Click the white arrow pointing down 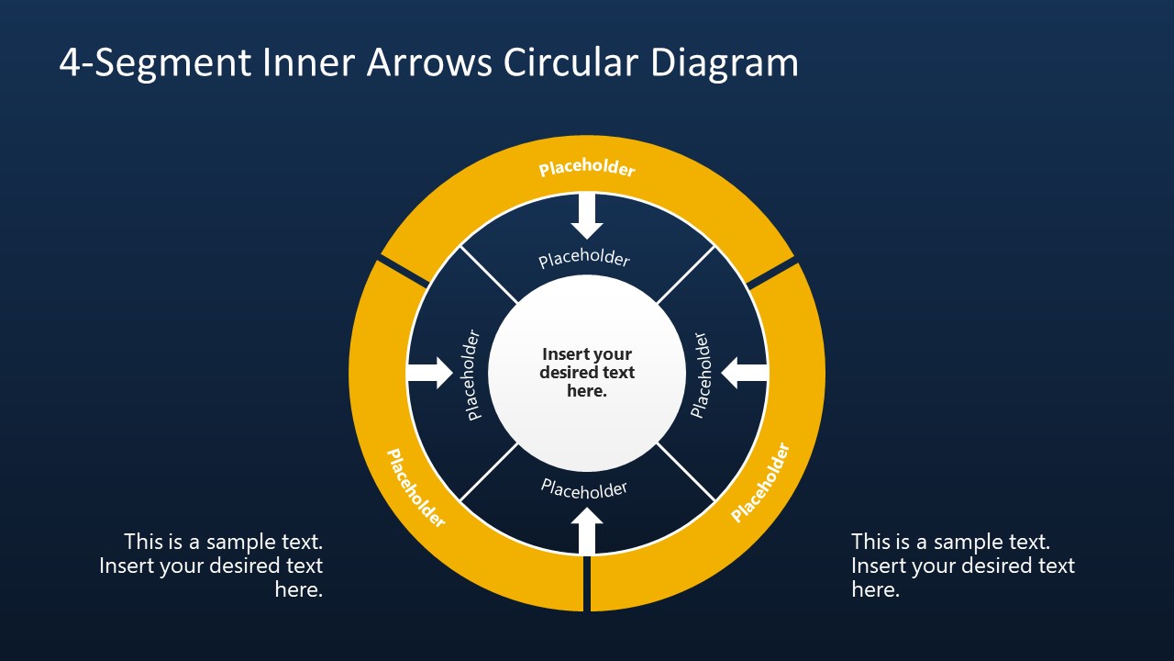click(x=587, y=217)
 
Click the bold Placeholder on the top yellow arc click(x=587, y=169)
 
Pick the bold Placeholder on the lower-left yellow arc click(x=415, y=487)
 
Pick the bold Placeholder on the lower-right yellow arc click(x=759, y=483)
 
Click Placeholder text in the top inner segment click(x=584, y=259)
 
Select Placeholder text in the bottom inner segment click(x=584, y=488)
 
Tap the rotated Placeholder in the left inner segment click(x=472, y=375)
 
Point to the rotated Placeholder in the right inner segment click(x=701, y=375)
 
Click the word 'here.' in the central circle click(x=587, y=391)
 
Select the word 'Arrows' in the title click(x=427, y=62)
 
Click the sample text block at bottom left click(x=212, y=566)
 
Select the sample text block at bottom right click(x=962, y=566)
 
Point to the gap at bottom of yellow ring click(x=587, y=583)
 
